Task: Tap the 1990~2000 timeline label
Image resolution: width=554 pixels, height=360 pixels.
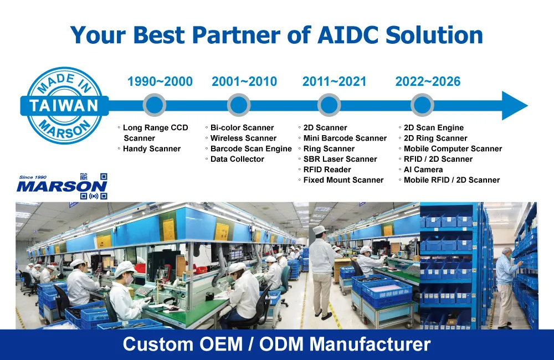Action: [160, 81]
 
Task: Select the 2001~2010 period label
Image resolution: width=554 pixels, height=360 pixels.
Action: [244, 81]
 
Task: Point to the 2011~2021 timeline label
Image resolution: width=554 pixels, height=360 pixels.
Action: [334, 81]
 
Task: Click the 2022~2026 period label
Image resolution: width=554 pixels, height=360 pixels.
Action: [428, 81]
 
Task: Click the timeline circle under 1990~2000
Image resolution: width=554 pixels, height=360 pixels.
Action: [155, 105]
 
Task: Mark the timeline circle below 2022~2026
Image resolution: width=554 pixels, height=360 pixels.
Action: [422, 105]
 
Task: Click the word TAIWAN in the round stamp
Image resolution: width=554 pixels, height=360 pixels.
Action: [64, 106]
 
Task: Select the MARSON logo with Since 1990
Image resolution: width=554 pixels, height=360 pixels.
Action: [62, 186]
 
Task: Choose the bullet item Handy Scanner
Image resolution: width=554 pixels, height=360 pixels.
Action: [152, 149]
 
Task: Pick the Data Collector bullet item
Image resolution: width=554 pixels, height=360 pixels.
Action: [237, 159]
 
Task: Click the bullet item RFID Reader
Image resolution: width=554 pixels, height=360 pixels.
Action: [327, 169]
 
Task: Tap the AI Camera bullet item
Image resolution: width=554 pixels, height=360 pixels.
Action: [423, 169]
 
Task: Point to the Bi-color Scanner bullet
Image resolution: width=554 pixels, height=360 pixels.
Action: [242, 127]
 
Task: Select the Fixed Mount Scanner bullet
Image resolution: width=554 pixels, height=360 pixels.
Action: [343, 180]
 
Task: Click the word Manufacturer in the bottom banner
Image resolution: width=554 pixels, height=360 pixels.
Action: [370, 344]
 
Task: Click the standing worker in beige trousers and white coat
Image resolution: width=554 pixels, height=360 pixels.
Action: [322, 272]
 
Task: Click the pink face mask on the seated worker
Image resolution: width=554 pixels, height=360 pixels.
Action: [129, 280]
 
